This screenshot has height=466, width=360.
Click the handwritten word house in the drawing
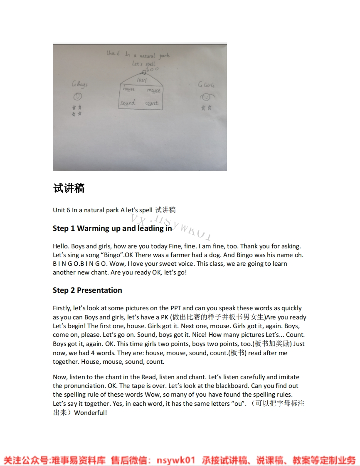pos(128,89)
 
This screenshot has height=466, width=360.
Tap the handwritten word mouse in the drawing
pos(153,90)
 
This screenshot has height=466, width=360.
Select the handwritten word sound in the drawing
pos(128,103)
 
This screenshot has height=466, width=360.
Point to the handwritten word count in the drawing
pos(152,103)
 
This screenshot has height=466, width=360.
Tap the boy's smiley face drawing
pos(77,98)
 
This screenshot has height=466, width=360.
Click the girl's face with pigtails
pos(206,98)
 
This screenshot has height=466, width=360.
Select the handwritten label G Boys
pos(79,85)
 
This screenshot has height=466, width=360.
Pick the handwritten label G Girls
pos(206,85)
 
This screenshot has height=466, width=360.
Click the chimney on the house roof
pos(144,71)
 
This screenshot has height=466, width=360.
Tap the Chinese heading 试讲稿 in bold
pos(69,188)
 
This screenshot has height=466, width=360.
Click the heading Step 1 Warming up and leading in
pos(112,228)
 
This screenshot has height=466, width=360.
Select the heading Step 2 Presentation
pos(87,290)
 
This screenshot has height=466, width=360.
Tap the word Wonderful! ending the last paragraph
pos(91,413)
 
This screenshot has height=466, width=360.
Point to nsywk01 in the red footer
pos(175,460)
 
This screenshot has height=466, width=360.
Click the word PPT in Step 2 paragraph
pos(175,308)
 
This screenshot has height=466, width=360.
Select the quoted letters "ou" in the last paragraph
pos(238,404)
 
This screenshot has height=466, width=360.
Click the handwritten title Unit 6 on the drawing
pos(113,53)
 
